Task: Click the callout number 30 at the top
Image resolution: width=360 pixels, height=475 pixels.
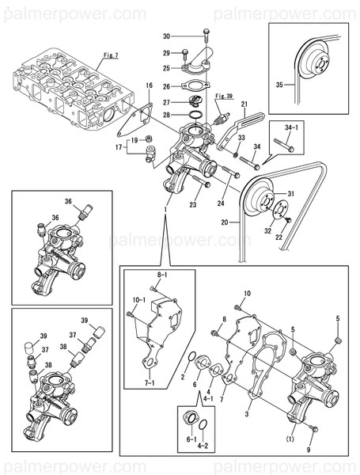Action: (166, 36)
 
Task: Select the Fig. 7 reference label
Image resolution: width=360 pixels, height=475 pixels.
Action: (111, 55)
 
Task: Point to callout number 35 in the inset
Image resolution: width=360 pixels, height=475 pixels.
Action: (279, 83)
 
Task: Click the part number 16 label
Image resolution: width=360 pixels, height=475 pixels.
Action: (148, 85)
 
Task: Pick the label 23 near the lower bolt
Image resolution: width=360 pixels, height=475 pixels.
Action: (191, 203)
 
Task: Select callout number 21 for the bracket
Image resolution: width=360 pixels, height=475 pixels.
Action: (244, 104)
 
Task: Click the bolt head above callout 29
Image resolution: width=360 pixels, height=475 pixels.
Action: (205, 33)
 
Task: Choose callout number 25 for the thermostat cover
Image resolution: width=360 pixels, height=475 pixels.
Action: (166, 69)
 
